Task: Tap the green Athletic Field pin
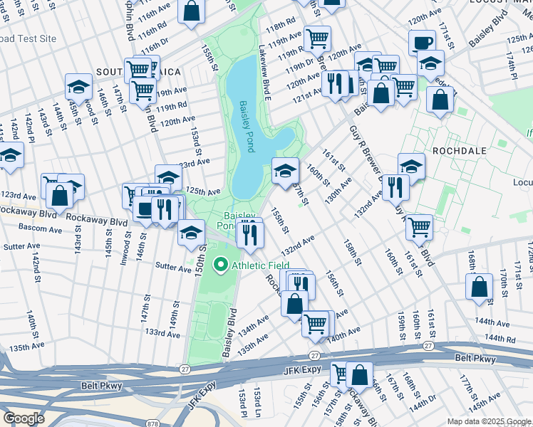pyautogui.click(x=221, y=266)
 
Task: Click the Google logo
pyautogui.click(x=24, y=418)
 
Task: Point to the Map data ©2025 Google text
pyautogui.click(x=489, y=421)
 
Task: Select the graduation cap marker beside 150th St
pyautogui.click(x=190, y=233)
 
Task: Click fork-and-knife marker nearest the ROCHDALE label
pyautogui.click(x=394, y=187)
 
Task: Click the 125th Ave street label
pyautogui.click(x=202, y=191)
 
